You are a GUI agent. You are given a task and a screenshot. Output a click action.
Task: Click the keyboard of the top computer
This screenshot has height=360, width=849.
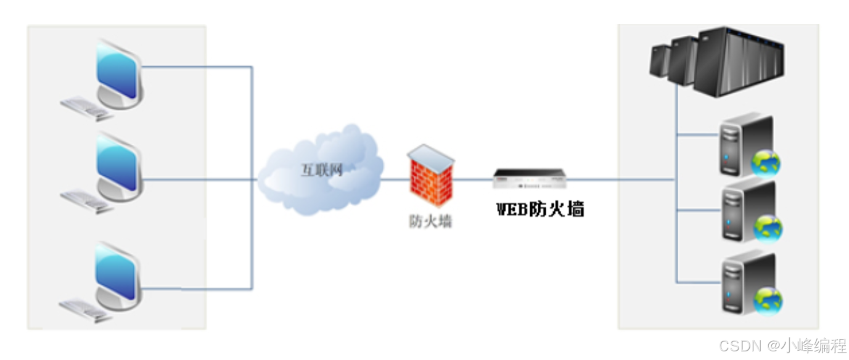click(86, 108)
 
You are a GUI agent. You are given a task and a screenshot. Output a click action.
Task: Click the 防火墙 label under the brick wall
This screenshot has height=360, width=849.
click(430, 221)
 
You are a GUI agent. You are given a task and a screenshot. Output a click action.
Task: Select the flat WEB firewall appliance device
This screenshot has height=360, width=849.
click(530, 178)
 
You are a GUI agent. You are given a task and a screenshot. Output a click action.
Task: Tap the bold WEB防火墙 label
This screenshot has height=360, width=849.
click(540, 209)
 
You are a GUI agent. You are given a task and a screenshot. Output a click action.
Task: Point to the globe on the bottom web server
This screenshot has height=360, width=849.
click(768, 300)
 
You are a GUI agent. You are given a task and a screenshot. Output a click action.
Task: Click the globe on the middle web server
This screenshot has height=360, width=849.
click(768, 228)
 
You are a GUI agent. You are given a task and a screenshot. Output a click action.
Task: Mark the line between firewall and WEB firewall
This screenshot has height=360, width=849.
click(474, 179)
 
